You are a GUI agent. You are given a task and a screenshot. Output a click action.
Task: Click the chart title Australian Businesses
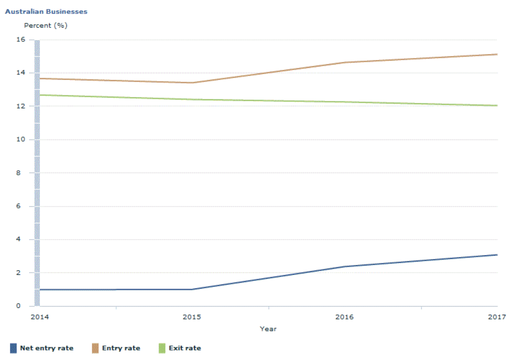click(x=46, y=12)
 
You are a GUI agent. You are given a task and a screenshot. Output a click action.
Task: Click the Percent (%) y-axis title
click(x=46, y=25)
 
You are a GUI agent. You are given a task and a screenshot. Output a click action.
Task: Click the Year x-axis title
click(x=268, y=329)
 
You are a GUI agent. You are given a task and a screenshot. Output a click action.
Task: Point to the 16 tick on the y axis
click(x=21, y=39)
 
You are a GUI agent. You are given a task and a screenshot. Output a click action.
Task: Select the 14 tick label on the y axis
click(x=21, y=73)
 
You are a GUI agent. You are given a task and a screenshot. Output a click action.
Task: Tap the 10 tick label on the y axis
click(x=21, y=139)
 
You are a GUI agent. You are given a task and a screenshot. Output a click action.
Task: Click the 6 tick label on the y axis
click(x=18, y=206)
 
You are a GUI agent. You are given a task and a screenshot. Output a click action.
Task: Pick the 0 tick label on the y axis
click(x=18, y=306)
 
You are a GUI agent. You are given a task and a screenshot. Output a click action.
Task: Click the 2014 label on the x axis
click(x=40, y=317)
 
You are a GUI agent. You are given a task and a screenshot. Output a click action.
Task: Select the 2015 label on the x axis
click(x=192, y=317)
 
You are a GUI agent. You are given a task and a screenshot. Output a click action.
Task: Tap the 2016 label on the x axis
click(x=344, y=317)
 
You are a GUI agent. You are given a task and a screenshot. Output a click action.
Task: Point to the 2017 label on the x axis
click(x=497, y=317)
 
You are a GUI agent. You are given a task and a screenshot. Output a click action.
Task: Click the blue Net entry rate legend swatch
click(x=13, y=348)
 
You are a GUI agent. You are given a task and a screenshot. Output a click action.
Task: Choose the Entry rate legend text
click(x=121, y=348)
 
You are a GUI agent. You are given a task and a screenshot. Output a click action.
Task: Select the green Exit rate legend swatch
click(x=162, y=348)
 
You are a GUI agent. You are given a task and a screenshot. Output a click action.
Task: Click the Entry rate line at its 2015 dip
click(x=192, y=83)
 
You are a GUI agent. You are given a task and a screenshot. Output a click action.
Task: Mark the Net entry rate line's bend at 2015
click(x=192, y=289)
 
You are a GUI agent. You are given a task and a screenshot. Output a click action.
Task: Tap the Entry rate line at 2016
click(x=344, y=62)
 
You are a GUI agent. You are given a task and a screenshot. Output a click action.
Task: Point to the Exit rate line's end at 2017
click(x=497, y=106)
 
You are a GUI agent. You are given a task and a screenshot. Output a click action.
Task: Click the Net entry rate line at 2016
click(x=344, y=267)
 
